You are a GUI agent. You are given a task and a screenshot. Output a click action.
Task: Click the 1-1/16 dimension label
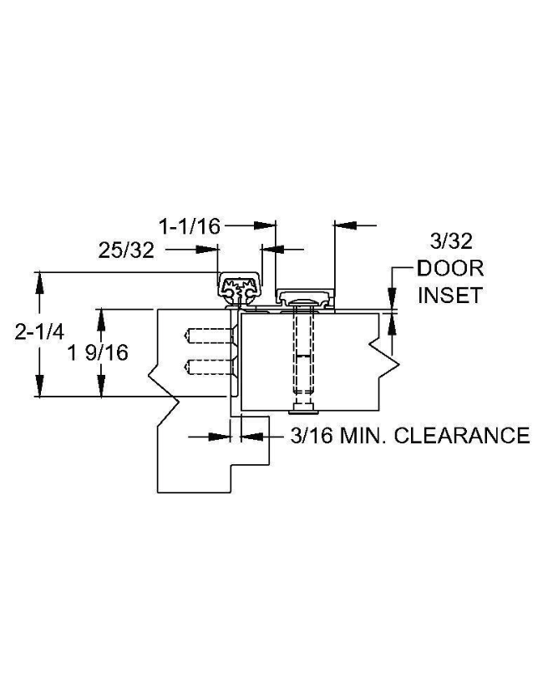pyautogui.click(x=190, y=226)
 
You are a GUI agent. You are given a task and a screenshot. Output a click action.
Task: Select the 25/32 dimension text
pyautogui.click(x=126, y=250)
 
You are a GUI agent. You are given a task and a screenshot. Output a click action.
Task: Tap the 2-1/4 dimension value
pyautogui.click(x=39, y=332)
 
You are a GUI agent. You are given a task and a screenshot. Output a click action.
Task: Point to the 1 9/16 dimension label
pyautogui.click(x=98, y=352)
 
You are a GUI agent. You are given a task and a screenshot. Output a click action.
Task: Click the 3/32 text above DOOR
pyautogui.click(x=451, y=241)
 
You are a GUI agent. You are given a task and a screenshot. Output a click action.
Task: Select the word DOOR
pyautogui.click(x=450, y=268)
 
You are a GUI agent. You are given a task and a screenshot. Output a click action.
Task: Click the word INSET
pyautogui.click(x=450, y=296)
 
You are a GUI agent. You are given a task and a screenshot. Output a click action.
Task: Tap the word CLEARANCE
pyautogui.click(x=462, y=435)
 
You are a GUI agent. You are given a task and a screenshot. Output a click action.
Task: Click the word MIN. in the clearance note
pyautogui.click(x=363, y=435)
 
